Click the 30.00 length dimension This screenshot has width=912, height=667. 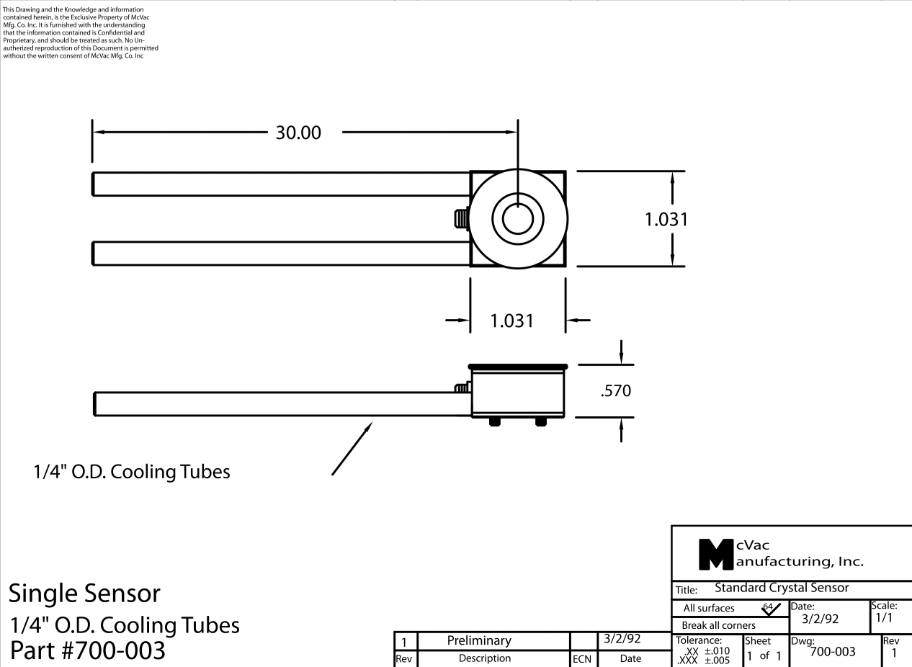coord(299,133)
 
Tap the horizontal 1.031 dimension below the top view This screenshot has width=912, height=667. coord(512,321)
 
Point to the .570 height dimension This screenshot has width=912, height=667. coord(616,391)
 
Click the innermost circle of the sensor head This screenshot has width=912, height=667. coord(517,219)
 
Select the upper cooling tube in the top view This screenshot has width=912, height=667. coord(281,184)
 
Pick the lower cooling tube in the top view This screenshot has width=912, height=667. coord(281,254)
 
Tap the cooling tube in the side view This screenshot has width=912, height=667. coord(281,403)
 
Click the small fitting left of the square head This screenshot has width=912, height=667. coord(460,218)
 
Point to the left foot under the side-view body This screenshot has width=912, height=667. coord(494,421)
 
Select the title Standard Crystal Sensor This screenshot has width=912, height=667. coord(782,588)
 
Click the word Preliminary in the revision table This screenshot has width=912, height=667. coord(479,640)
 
